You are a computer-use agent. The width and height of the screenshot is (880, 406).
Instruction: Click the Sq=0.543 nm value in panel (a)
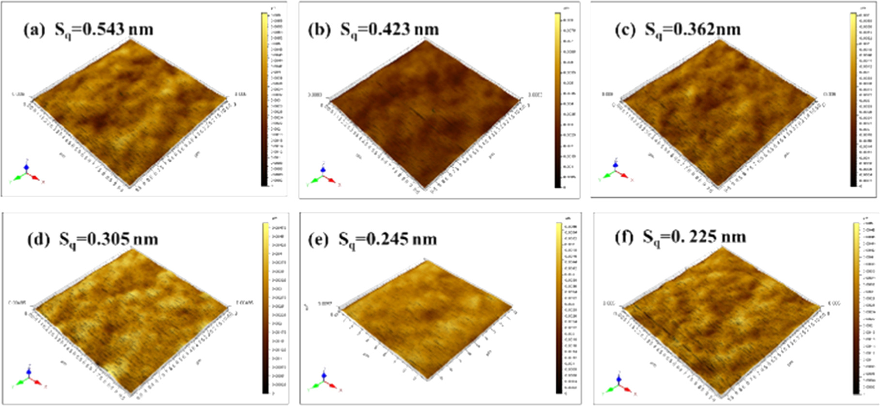[104, 30]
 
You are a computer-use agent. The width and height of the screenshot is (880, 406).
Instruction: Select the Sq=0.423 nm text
[389, 30]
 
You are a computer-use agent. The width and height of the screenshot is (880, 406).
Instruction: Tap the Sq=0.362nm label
[693, 30]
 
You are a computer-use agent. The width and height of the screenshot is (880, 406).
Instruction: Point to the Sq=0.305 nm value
[108, 239]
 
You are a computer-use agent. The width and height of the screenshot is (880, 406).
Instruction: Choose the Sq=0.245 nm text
[387, 239]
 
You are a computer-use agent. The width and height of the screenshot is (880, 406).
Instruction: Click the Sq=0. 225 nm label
[695, 237]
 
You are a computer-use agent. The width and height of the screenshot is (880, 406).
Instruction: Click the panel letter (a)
[35, 30]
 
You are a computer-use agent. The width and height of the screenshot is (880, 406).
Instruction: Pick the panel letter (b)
[319, 30]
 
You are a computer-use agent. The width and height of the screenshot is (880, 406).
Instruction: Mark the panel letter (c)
[625, 30]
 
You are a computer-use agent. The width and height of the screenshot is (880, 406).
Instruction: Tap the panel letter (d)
[40, 239]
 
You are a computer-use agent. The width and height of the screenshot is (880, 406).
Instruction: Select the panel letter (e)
[318, 239]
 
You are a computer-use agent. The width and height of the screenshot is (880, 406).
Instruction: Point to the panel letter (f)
[624, 237]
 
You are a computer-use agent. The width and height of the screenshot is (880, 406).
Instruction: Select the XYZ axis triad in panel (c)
[616, 172]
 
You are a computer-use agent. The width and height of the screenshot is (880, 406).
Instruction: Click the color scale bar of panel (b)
[558, 100]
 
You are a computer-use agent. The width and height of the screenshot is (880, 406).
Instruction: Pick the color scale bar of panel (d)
[265, 308]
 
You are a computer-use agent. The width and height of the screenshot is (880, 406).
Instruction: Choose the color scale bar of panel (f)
[856, 308]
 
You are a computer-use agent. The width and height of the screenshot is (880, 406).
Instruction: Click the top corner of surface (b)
[426, 41]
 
